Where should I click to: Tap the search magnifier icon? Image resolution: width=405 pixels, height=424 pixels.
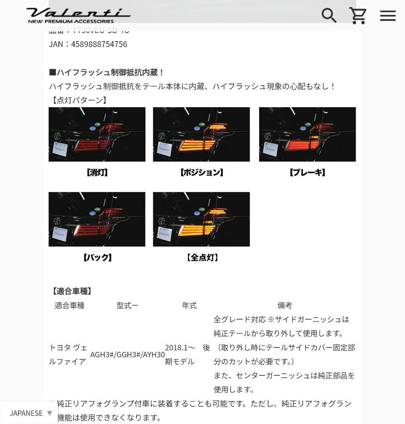(x=329, y=16)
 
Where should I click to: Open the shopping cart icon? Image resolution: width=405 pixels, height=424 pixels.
(x=358, y=16)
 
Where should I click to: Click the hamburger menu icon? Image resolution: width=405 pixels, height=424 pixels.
(x=388, y=16)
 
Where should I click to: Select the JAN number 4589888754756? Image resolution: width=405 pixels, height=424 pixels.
(x=99, y=44)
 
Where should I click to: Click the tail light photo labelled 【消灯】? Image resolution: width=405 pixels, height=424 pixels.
(x=97, y=134)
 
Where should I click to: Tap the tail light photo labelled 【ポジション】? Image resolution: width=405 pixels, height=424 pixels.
(x=201, y=134)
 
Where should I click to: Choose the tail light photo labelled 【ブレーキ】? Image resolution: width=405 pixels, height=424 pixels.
(x=307, y=134)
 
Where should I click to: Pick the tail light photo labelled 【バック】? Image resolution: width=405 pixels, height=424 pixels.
(x=97, y=219)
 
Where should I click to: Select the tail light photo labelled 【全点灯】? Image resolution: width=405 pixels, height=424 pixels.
(x=201, y=219)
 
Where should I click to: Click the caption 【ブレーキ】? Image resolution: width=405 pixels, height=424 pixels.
(x=307, y=173)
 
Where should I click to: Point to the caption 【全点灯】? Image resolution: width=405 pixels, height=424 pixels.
(x=202, y=258)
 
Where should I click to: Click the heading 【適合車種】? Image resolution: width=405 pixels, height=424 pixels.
(x=72, y=291)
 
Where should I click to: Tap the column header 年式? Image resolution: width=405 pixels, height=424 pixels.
(x=189, y=305)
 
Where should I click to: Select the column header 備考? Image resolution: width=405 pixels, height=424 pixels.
(x=285, y=305)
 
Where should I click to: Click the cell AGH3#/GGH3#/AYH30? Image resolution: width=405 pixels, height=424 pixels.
(x=127, y=355)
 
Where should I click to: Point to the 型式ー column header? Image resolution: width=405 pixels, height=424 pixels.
(x=127, y=305)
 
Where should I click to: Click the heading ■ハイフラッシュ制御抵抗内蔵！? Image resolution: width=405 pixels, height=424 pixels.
(x=107, y=73)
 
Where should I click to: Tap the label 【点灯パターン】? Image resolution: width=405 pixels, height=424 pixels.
(x=79, y=100)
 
